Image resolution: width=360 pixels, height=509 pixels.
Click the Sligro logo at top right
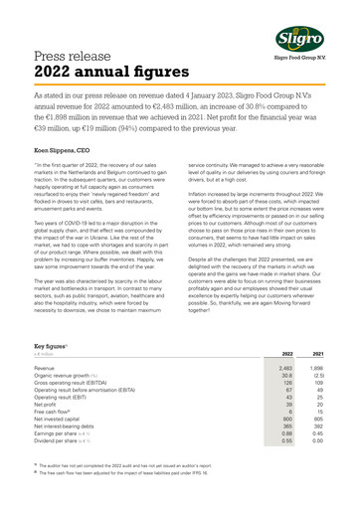pos(314,39)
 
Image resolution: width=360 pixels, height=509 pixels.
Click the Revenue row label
pos(45,368)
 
